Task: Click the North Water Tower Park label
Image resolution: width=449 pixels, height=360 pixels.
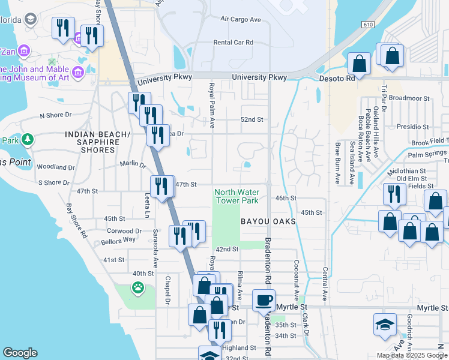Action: pyautogui.click(x=237, y=196)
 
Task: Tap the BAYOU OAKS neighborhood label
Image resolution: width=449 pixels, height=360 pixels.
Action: pyautogui.click(x=268, y=222)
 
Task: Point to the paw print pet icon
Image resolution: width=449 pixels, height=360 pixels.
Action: pyautogui.click(x=138, y=287)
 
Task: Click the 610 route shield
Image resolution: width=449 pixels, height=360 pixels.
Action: pyautogui.click(x=368, y=23)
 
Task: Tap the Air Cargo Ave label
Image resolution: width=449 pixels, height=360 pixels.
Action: pyautogui.click(x=241, y=20)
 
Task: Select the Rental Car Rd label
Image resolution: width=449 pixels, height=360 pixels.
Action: pyautogui.click(x=234, y=43)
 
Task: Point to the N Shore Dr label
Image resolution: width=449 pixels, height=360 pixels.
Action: pyautogui.click(x=55, y=115)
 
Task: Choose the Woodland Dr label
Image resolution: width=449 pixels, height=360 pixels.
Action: pyautogui.click(x=55, y=167)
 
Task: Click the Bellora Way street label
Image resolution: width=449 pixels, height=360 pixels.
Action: pyautogui.click(x=121, y=239)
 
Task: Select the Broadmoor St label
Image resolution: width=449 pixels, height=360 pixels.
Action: pyautogui.click(x=409, y=98)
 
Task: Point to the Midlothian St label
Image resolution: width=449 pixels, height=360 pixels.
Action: pyautogui.click(x=406, y=171)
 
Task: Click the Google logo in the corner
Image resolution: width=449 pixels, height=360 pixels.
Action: pyautogui.click(x=20, y=353)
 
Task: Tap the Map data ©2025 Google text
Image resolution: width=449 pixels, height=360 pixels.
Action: pyautogui.click(x=412, y=355)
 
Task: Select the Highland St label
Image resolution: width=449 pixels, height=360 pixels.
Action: pyautogui.click(x=239, y=348)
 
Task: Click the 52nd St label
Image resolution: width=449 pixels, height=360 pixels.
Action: pyautogui.click(x=252, y=119)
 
